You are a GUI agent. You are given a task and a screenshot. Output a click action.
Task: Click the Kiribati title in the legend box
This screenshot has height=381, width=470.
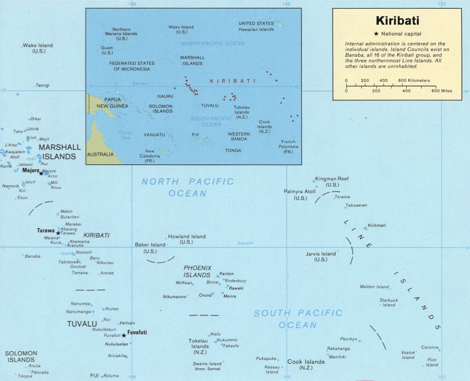click(397, 21)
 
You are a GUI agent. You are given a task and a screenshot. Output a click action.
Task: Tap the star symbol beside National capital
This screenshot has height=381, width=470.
click(376, 34)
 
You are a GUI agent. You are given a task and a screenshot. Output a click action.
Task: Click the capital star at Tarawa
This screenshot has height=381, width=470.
click(58, 233)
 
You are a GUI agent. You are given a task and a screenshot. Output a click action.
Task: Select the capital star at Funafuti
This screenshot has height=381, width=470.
click(124, 335)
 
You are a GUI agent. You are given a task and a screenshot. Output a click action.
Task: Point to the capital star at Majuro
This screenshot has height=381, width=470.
click(41, 173)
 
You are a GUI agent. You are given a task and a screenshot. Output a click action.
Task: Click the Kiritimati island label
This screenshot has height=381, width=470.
click(377, 225)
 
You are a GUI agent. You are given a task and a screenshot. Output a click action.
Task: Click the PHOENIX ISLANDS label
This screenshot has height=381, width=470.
click(197, 271)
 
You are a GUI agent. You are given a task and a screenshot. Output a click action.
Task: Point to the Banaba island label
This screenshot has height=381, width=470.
click(33, 256)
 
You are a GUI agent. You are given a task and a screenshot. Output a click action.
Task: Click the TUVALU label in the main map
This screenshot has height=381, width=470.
click(82, 324)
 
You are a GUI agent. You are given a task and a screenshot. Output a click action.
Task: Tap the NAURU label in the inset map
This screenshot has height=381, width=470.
click(165, 96)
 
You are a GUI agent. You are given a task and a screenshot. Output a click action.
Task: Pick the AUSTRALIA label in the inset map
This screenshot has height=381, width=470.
click(100, 154)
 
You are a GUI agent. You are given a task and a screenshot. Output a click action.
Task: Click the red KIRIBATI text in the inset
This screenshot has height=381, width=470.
click(233, 81)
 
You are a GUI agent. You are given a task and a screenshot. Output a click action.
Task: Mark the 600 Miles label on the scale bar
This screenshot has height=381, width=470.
click(442, 91)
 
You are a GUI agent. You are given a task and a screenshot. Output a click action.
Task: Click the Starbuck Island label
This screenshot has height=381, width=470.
click(389, 303)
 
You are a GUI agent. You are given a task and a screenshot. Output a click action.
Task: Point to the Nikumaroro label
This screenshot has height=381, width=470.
click(174, 297)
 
